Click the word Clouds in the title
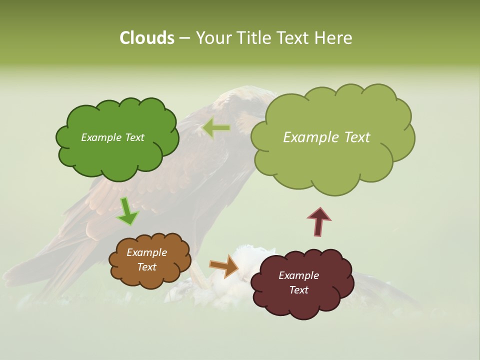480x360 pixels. click(146, 38)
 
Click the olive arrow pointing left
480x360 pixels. click(216, 128)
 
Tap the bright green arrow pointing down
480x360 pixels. click(127, 211)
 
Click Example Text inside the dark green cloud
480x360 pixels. click(112, 137)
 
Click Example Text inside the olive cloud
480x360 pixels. click(326, 137)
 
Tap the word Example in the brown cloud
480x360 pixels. click(146, 252)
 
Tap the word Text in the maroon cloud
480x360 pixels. click(298, 290)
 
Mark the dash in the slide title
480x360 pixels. click(185, 38)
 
